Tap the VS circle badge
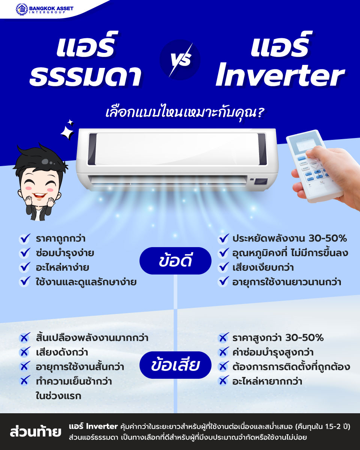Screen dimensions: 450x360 180,60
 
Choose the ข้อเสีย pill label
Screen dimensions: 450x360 175,365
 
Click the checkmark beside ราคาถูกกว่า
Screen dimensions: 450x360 25,238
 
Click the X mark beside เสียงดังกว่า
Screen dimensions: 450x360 25,352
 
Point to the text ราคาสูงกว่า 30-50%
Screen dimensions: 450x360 277,338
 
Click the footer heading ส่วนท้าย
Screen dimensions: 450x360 36,432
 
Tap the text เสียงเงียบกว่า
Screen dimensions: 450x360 262,267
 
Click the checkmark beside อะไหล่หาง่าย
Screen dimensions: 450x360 25,267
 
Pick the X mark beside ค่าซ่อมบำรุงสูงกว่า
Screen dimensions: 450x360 223,352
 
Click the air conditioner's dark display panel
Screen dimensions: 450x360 261,181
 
